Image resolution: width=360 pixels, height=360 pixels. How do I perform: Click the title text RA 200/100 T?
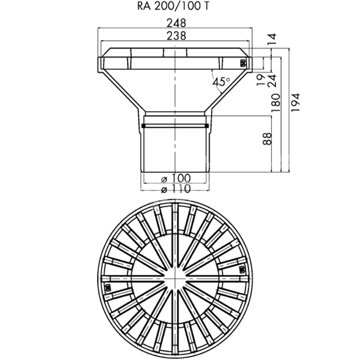(x=173, y=6)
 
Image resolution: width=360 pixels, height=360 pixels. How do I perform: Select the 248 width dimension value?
(x=176, y=23)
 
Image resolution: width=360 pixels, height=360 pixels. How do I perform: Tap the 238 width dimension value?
(x=176, y=36)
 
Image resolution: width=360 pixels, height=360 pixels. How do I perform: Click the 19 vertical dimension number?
(x=261, y=80)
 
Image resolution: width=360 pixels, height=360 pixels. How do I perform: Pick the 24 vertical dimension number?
(x=272, y=81)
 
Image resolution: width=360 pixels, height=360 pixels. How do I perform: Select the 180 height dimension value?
(x=276, y=103)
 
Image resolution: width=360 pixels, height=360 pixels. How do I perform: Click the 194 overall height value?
(x=296, y=103)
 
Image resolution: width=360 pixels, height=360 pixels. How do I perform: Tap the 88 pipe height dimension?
(x=267, y=139)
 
